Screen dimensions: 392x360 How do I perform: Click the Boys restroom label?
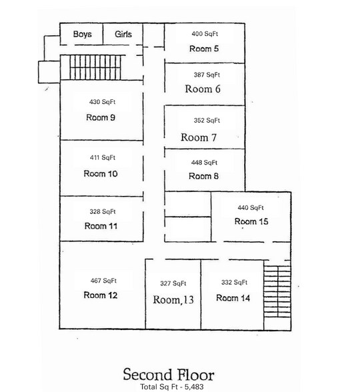coord(83,34)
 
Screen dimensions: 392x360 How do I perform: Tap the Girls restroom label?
coord(123,34)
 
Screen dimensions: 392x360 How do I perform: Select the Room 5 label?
coord(204,49)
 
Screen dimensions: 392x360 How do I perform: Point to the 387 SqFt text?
coord(205,75)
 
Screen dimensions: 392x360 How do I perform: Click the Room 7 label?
coord(199,137)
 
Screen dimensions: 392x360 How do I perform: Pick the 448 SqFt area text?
coord(205,163)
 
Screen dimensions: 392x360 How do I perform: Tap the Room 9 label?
coord(101,117)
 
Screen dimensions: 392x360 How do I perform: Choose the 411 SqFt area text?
coord(103,158)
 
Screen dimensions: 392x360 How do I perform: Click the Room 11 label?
coord(101,226)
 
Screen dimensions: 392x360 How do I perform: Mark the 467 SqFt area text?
coord(103,281)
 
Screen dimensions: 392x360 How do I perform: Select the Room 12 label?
coord(101,295)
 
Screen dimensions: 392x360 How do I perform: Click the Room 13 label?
coord(173,300)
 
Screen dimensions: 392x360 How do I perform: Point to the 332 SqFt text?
coord(234,283)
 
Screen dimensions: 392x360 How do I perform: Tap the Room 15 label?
coord(251,221)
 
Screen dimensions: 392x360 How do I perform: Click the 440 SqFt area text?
coord(251,207)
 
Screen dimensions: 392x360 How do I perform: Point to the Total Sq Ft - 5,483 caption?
coord(168,386)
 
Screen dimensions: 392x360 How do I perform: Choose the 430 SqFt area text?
coord(103,102)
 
